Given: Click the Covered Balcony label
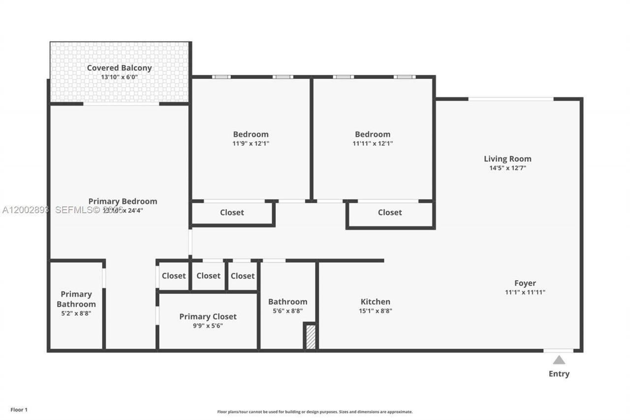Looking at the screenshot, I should click(119, 68).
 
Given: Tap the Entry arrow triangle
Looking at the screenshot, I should click(559, 360).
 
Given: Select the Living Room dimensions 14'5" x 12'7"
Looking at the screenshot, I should click(507, 168).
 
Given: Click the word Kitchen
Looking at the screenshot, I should click(376, 302).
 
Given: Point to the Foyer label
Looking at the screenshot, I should click(525, 283).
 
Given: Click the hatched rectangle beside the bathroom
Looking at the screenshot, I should click(311, 337).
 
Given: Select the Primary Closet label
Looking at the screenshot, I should click(208, 317).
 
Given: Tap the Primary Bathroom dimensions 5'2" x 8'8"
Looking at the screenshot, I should click(76, 313).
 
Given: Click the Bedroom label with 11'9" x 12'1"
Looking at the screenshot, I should click(251, 134).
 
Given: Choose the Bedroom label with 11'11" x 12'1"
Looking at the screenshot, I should click(373, 134).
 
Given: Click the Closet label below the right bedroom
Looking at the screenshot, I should click(390, 213).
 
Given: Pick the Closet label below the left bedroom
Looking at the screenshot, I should click(232, 213).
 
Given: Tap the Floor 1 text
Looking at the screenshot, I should click(19, 409).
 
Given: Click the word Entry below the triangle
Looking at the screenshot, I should click(559, 374).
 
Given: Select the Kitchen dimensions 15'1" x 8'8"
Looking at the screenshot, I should click(376, 311).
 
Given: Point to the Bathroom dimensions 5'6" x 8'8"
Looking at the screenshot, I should click(288, 311).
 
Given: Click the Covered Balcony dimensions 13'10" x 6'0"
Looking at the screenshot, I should click(119, 77).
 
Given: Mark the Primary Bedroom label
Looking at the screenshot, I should click(123, 201).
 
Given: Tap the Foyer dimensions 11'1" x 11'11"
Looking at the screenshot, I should click(525, 292).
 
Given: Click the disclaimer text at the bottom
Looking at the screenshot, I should click(315, 412).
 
